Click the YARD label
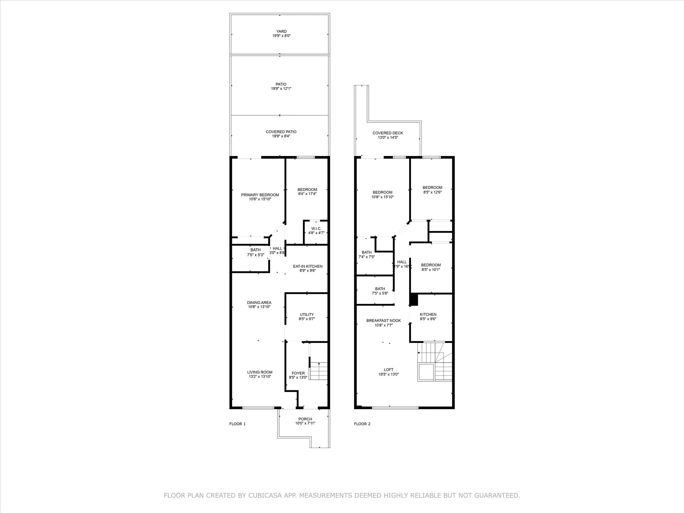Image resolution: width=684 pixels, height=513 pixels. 281,32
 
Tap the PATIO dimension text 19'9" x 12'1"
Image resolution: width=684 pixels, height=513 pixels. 281,89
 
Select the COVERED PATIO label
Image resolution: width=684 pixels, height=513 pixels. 281,132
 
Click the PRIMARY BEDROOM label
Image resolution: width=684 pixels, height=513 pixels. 260,195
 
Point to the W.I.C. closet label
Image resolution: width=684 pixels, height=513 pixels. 316,229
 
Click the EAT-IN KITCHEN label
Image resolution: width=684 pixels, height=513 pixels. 307,266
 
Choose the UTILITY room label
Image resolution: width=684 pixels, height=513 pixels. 306,315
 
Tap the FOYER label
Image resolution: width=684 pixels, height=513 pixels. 298,373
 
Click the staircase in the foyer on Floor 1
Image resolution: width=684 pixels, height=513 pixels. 318,371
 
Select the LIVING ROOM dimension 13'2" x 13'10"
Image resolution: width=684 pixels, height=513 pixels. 260,377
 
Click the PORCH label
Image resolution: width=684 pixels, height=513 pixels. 305,419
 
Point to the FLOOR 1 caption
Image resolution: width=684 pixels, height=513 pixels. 237,424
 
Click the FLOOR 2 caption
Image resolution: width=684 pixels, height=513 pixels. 362,424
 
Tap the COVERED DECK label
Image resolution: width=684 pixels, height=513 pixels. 388,133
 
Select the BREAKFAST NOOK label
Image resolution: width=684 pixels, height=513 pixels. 383,321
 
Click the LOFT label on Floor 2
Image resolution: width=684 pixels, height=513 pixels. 388,370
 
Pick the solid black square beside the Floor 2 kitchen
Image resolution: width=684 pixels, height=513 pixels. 414,300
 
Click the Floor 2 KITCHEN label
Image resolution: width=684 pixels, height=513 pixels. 428,315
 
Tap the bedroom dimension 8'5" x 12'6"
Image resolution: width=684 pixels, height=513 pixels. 432,192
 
